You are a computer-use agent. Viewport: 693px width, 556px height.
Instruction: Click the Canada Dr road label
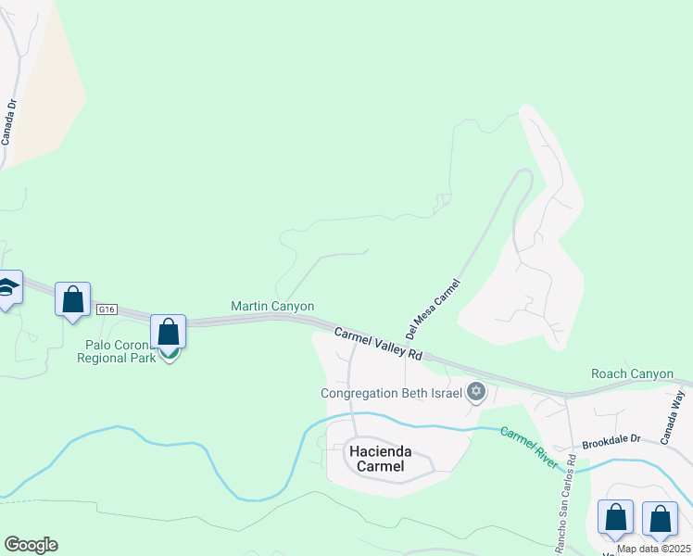pyautogui.click(x=8, y=122)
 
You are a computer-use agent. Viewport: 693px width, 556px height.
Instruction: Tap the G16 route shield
pyautogui.click(x=107, y=310)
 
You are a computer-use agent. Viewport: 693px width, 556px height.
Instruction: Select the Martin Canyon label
pyautogui.click(x=272, y=306)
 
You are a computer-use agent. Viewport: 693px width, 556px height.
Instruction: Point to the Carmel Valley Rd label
pyautogui.click(x=378, y=344)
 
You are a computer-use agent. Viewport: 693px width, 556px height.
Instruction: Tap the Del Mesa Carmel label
pyautogui.click(x=433, y=308)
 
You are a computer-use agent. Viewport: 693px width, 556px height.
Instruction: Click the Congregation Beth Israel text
pyautogui.click(x=391, y=393)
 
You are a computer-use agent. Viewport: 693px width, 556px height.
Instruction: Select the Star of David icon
pyautogui.click(x=476, y=393)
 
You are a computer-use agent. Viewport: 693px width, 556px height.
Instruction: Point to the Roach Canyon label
pyautogui.click(x=632, y=373)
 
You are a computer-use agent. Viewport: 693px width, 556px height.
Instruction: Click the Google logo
pyautogui.click(x=31, y=545)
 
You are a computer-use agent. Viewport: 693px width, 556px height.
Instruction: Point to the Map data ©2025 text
pyautogui.click(x=653, y=549)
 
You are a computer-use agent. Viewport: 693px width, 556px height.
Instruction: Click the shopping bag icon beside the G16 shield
pyautogui.click(x=73, y=300)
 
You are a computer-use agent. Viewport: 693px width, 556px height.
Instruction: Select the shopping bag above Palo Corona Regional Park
pyautogui.click(x=169, y=331)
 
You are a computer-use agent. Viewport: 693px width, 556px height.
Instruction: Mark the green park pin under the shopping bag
pyautogui.click(x=169, y=354)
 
